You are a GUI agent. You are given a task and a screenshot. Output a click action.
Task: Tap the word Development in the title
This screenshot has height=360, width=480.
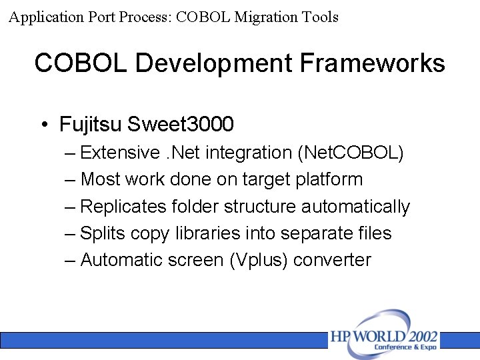pyautogui.click(x=214, y=63)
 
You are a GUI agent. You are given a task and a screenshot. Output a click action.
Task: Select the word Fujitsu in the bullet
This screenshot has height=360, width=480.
pyautogui.click(x=91, y=124)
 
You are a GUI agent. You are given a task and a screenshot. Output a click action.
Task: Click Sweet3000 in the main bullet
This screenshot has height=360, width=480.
pyautogui.click(x=181, y=124)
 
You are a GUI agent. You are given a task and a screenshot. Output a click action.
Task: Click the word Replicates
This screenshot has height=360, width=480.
pyautogui.click(x=123, y=207)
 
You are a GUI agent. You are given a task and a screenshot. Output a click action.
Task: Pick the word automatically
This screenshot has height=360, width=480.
pyautogui.click(x=355, y=207)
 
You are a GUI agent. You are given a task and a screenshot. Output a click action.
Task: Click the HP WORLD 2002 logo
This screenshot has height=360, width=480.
pyautogui.click(x=384, y=337)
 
